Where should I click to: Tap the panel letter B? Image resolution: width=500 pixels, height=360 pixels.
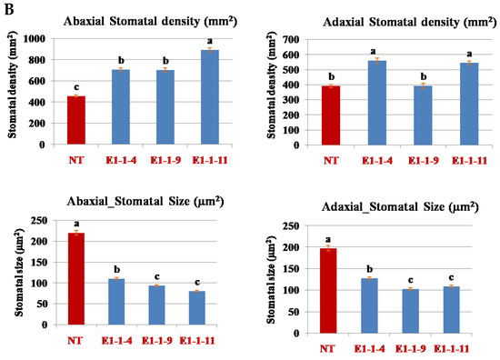click(7, 8)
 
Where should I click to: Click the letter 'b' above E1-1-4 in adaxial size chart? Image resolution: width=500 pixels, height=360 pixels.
click(373, 269)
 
